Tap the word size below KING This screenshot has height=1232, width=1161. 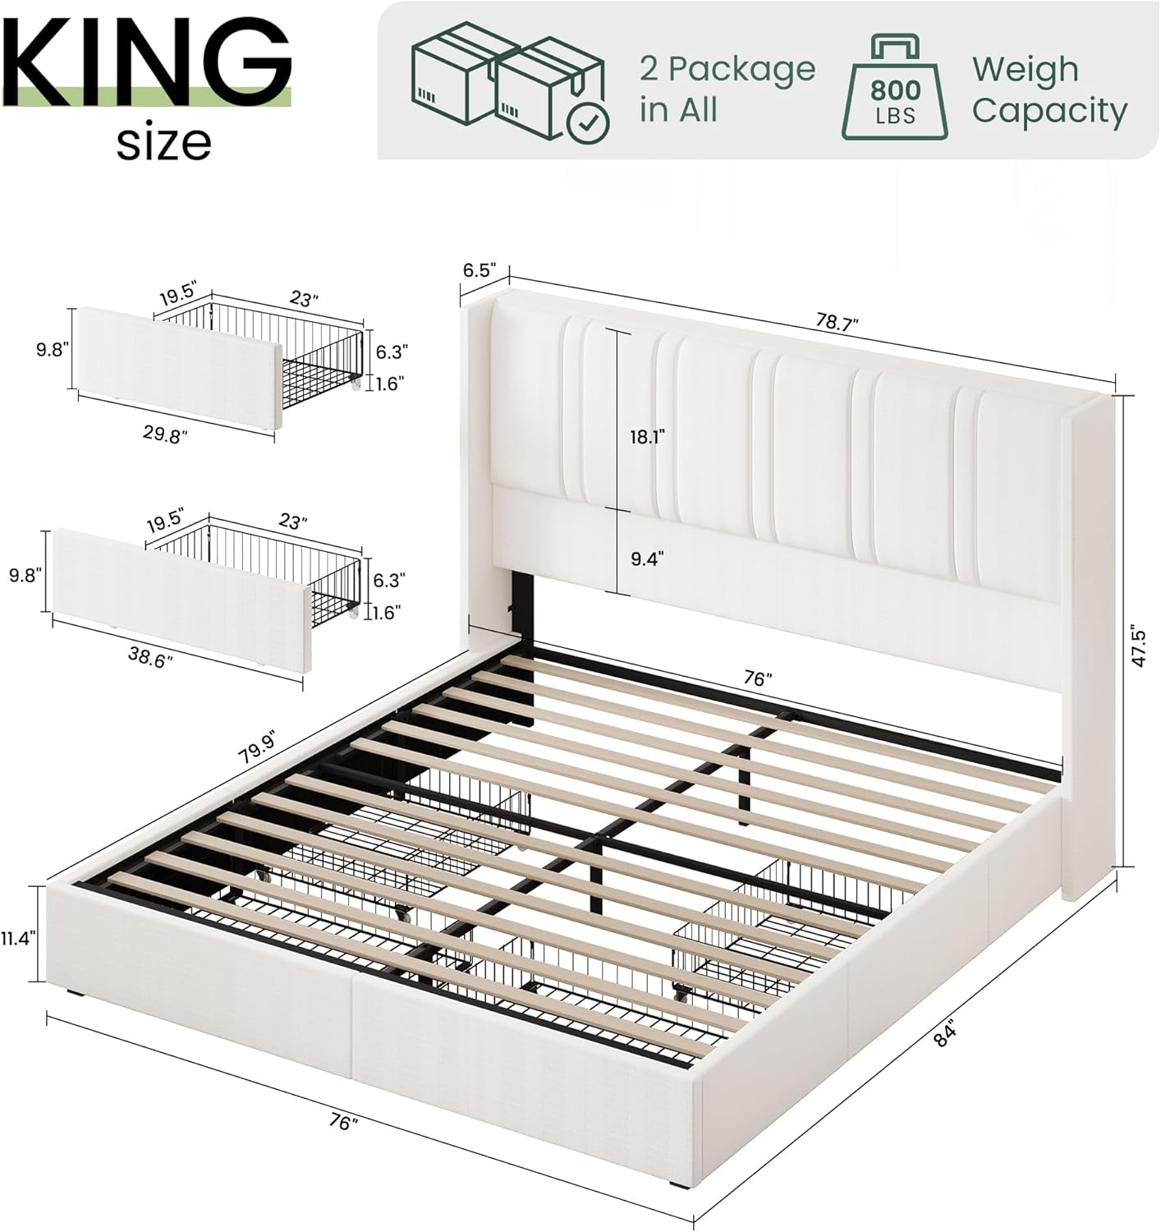point(164,143)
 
